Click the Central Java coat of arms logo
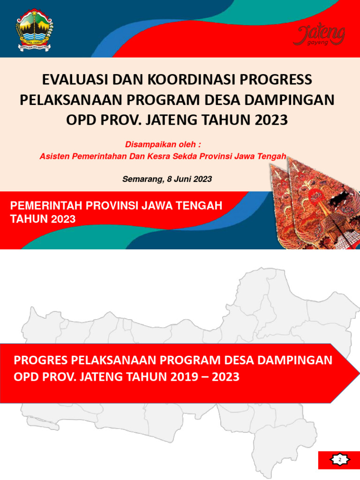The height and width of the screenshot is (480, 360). (x=35, y=29)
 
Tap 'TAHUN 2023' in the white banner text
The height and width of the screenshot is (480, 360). (x=43, y=219)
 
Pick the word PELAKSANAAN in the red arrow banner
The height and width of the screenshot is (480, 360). (x=112, y=360)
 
